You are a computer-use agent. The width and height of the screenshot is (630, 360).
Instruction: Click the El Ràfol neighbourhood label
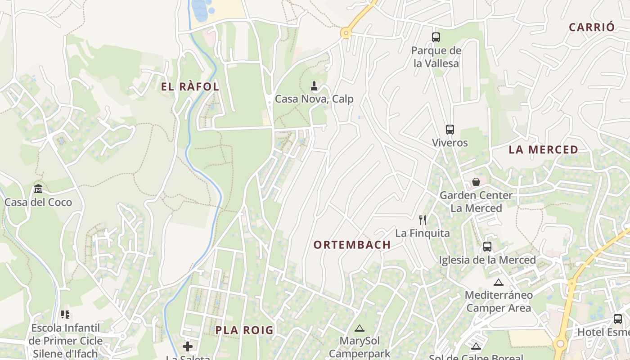tap(190, 87)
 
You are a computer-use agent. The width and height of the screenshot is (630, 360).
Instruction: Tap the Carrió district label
tap(591, 27)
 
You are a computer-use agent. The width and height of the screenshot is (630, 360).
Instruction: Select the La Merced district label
tap(543, 150)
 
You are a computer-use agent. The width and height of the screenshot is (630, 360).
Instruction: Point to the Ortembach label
tap(352, 245)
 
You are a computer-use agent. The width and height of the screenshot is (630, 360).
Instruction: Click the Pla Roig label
tap(244, 330)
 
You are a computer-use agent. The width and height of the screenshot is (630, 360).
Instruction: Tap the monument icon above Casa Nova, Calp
tap(314, 85)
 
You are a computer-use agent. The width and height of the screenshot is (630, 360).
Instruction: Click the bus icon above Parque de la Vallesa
tap(436, 37)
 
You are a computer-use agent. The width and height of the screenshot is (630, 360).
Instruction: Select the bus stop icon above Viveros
tap(450, 130)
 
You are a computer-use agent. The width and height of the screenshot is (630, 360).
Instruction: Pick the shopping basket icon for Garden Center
tap(476, 182)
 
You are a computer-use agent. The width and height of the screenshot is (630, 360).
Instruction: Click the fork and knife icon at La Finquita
tap(422, 220)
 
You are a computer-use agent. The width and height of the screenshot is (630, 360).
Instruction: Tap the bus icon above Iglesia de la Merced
tap(487, 247)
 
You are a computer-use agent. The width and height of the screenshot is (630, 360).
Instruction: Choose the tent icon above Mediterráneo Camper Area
tap(498, 283)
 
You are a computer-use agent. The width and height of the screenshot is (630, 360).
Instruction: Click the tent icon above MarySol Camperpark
tap(359, 328)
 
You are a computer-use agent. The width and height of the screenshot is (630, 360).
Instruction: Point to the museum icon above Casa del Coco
tap(38, 189)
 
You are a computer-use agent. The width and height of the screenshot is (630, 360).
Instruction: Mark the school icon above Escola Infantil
tap(65, 315)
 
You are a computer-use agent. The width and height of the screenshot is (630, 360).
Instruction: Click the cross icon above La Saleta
tap(188, 346)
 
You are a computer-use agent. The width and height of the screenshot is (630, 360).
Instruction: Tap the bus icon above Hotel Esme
tap(617, 319)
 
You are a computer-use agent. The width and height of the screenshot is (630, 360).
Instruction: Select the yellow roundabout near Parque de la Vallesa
tap(346, 33)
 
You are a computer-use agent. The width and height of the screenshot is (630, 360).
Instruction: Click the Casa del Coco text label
tap(38, 202)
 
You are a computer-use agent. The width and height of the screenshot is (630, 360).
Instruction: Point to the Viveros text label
tap(450, 143)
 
